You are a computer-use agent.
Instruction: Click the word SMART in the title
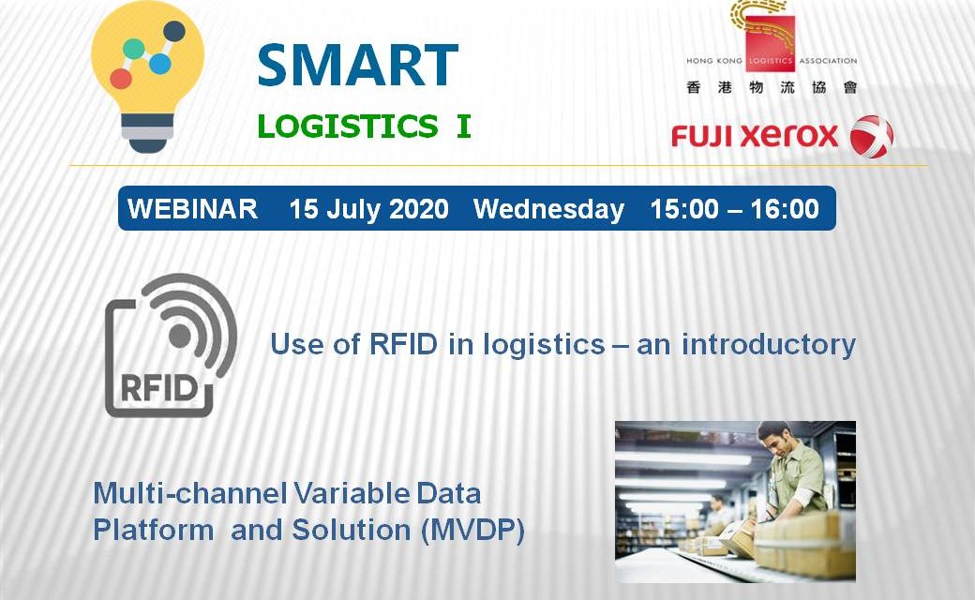pos(357,66)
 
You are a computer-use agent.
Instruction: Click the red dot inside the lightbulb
pos(120,78)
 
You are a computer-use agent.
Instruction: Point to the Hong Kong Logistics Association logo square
pos(769,43)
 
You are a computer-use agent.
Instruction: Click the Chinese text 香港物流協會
pos(772,87)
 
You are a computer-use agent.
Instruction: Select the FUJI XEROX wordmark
pos(755,137)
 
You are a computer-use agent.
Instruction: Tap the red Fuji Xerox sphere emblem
pos(871,137)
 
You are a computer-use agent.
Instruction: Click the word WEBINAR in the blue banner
pos(192,209)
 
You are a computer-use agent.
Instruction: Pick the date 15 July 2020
pos(368,209)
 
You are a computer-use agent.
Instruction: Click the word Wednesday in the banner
pos(548,209)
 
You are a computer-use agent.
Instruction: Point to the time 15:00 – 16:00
pos(735,209)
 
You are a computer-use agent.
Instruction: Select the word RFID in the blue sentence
pos(403,344)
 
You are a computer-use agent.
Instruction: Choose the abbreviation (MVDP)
pos(472,531)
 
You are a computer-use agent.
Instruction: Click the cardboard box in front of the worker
pos(806,539)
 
